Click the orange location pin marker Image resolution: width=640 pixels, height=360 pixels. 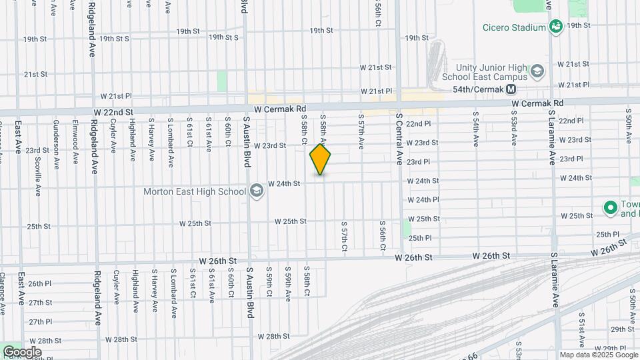click(x=321, y=159)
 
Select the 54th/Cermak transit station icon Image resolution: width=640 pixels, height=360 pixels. click(x=511, y=89)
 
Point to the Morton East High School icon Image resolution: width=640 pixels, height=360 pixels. click(x=255, y=192)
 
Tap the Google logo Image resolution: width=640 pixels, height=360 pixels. click(x=22, y=351)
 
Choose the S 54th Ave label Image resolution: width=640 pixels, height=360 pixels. click(x=476, y=133)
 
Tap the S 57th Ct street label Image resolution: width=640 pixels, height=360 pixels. click(x=344, y=237)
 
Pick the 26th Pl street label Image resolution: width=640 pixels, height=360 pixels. click(x=40, y=283)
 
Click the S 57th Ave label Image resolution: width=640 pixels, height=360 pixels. click(x=361, y=133)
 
